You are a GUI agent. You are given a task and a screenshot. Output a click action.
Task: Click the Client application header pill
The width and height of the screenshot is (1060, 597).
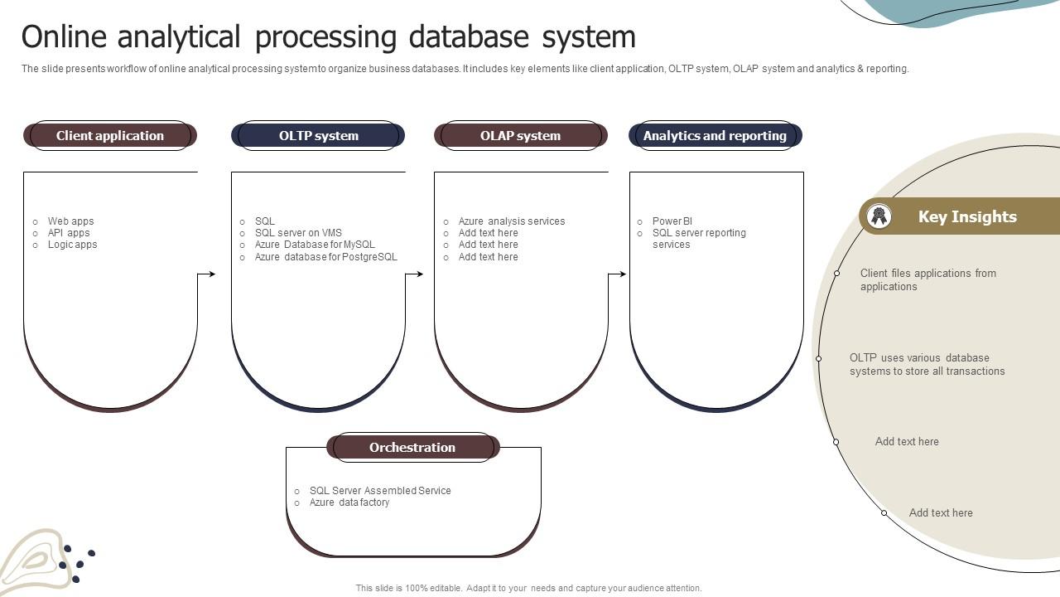[x=110, y=136]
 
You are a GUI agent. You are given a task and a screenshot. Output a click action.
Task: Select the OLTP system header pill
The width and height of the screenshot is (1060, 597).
[x=318, y=136]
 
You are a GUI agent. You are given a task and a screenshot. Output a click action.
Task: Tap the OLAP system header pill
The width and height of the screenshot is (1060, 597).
[x=520, y=136]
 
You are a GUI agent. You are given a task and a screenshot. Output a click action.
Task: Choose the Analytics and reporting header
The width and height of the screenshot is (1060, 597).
[x=715, y=136]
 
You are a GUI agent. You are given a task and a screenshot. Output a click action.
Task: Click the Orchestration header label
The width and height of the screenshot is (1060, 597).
[x=412, y=448]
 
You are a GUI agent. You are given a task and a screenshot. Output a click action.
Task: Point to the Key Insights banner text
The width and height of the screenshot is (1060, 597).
[x=967, y=217]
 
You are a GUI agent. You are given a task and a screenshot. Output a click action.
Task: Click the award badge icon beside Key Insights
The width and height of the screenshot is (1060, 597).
[x=879, y=216]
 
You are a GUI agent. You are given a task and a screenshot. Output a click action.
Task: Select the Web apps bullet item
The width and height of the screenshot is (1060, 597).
[x=70, y=221]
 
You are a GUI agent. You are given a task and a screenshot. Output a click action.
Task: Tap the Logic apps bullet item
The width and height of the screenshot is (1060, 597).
[x=72, y=245]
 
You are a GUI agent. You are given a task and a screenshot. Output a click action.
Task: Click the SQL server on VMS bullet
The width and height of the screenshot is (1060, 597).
[x=298, y=233]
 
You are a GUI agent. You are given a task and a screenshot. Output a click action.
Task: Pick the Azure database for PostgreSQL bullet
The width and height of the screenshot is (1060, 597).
[x=325, y=257]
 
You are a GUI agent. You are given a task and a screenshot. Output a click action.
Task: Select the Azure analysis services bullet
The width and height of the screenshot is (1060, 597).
[x=511, y=221]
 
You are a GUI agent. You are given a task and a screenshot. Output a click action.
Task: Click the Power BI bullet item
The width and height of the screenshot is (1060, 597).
[x=672, y=221]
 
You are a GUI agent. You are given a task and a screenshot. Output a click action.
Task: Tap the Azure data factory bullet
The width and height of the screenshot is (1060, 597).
[x=349, y=502]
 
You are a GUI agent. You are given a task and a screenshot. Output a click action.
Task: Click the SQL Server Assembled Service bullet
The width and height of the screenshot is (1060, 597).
[x=380, y=491]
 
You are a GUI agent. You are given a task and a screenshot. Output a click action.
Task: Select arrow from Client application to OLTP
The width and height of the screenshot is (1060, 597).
[x=207, y=274]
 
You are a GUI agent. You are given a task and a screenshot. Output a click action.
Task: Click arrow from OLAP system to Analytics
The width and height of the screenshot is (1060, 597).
[x=618, y=274]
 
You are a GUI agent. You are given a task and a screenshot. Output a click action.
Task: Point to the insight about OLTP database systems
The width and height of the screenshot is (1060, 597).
[x=927, y=365]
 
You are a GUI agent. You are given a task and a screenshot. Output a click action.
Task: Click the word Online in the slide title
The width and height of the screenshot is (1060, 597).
[x=65, y=37]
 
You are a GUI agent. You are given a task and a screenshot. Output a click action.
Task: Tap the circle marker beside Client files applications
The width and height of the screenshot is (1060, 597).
[x=837, y=273]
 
